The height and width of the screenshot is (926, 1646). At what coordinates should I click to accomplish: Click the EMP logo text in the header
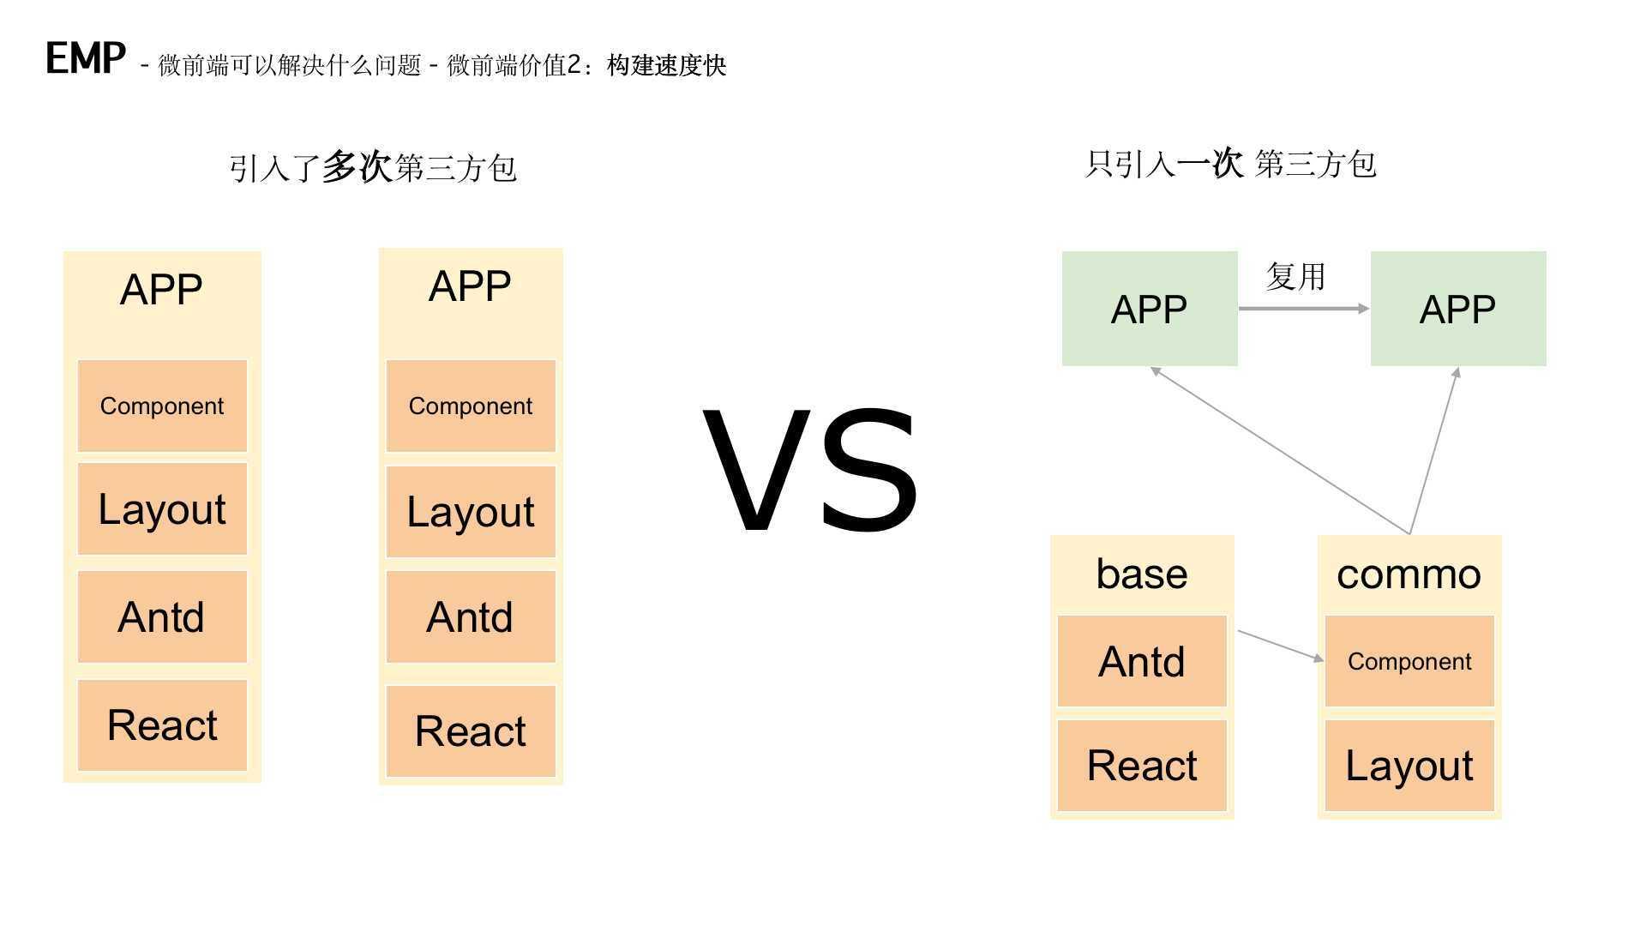pos(85,59)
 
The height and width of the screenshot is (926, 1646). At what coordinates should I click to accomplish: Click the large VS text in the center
pos(810,471)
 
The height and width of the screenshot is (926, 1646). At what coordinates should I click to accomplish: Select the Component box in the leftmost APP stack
pos(162,406)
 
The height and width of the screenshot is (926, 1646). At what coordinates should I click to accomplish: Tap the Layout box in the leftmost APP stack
pos(162,509)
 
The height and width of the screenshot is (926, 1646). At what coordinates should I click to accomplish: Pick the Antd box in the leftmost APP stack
pos(162,616)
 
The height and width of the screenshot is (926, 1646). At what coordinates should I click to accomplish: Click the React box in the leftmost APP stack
pos(162,725)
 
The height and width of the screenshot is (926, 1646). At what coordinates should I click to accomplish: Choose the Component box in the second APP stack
pos(471,406)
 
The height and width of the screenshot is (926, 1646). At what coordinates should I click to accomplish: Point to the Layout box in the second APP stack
pos(471,512)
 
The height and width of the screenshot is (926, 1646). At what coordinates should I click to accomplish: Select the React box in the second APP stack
pos(471,731)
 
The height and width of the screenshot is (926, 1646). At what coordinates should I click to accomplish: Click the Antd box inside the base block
pos(1142,661)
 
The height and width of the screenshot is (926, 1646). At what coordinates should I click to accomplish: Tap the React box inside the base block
pos(1142,766)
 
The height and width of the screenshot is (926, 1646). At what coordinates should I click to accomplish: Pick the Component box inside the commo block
pos(1409,661)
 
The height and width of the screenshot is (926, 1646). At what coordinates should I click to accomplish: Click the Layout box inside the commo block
pos(1409,766)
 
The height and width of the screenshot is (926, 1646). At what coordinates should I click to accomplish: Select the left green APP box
pos(1150,309)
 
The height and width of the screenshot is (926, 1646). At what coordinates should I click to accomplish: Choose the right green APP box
pos(1458,309)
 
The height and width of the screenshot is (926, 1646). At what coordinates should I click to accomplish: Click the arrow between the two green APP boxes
pos(1303,308)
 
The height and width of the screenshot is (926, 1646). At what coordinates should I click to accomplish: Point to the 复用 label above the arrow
pos(1295,277)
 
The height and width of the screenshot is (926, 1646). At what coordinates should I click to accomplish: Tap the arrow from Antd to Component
pos(1280,645)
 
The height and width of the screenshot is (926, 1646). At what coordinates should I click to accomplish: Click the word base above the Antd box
pos(1142,574)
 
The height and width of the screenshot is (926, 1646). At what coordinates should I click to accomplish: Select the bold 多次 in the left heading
pos(357,167)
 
